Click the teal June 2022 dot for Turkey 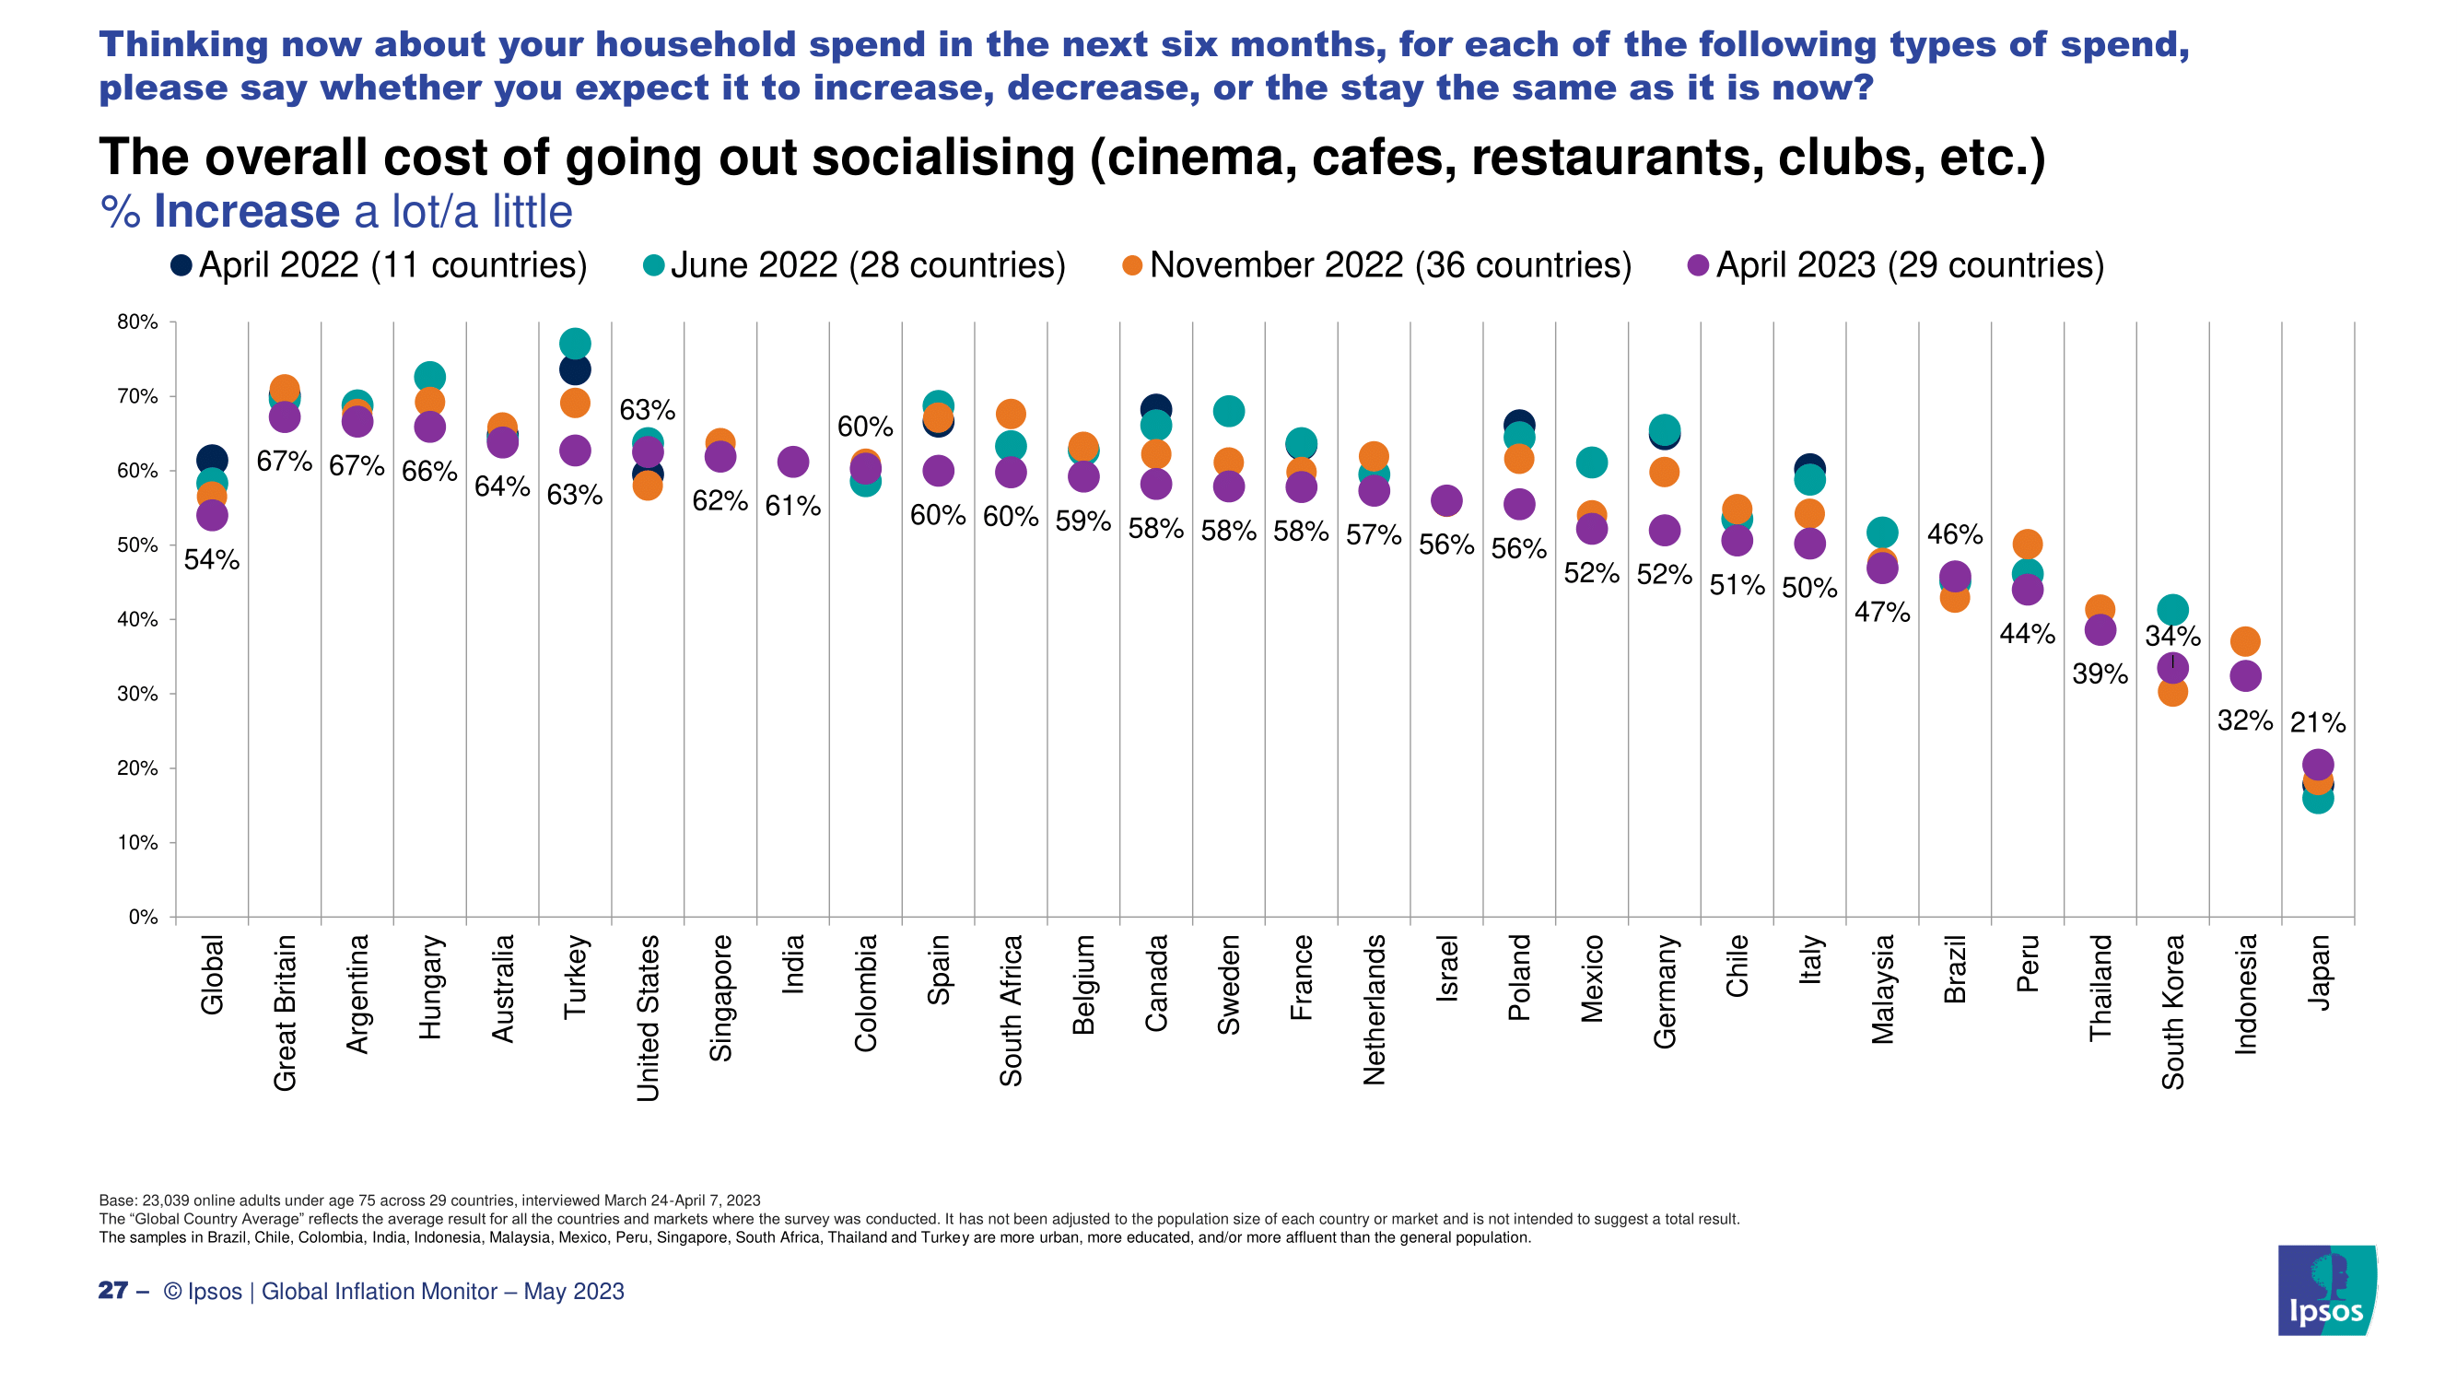coord(574,343)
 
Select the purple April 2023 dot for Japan coord(2318,764)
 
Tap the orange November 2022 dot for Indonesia coord(2245,641)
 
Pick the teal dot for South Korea coord(2172,609)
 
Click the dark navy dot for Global coord(212,461)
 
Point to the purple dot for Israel coord(1447,500)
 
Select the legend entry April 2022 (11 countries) coord(379,265)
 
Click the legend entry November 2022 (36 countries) coord(1377,265)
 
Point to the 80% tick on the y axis coord(138,322)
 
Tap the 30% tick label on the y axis coord(138,695)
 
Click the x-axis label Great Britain coord(285,1012)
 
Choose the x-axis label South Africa coord(1011,1010)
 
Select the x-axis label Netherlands coord(1375,1010)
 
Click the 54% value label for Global coord(212,560)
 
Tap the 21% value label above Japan coord(2318,723)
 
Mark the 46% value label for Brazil coord(1954,534)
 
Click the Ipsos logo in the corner coord(2326,1290)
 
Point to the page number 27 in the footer coord(112,1291)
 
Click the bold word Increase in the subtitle coord(246,212)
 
